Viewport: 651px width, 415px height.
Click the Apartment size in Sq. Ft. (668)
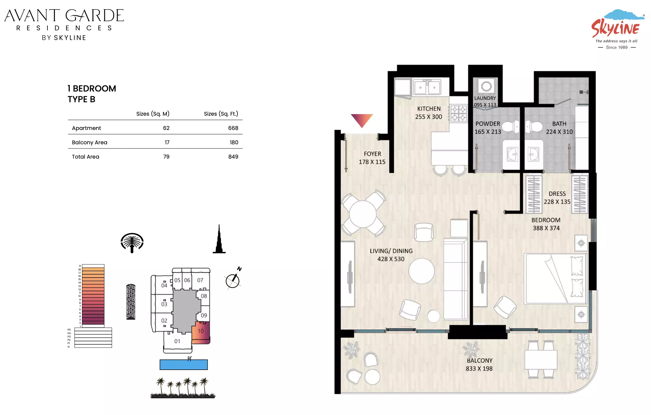[233, 128]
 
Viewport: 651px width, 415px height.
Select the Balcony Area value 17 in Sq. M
[167, 142]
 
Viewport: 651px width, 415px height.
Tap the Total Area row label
[86, 157]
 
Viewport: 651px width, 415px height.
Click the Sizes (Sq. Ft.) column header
[221, 114]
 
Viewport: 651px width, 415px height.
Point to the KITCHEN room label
[429, 109]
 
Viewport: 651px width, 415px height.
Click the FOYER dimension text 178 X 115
[372, 162]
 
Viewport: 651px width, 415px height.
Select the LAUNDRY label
[485, 98]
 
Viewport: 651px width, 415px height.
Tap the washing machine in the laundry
[486, 86]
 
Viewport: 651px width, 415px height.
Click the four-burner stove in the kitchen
[458, 113]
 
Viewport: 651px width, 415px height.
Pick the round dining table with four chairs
[363, 213]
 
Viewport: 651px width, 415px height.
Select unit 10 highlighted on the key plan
[201, 332]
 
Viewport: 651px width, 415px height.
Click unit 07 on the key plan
[200, 280]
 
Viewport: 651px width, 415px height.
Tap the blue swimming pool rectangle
[184, 365]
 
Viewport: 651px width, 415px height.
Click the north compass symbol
[233, 278]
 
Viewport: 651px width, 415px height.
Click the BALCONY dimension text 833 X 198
[479, 368]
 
